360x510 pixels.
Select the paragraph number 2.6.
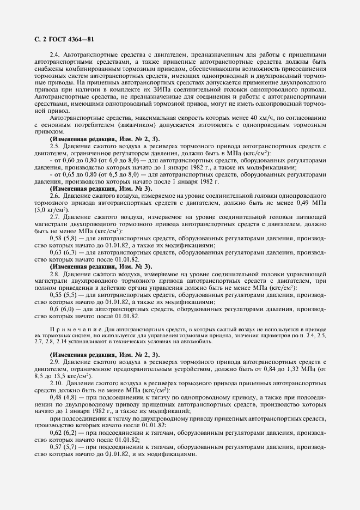[x=56, y=196]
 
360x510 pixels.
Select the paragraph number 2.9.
[x=56, y=361]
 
